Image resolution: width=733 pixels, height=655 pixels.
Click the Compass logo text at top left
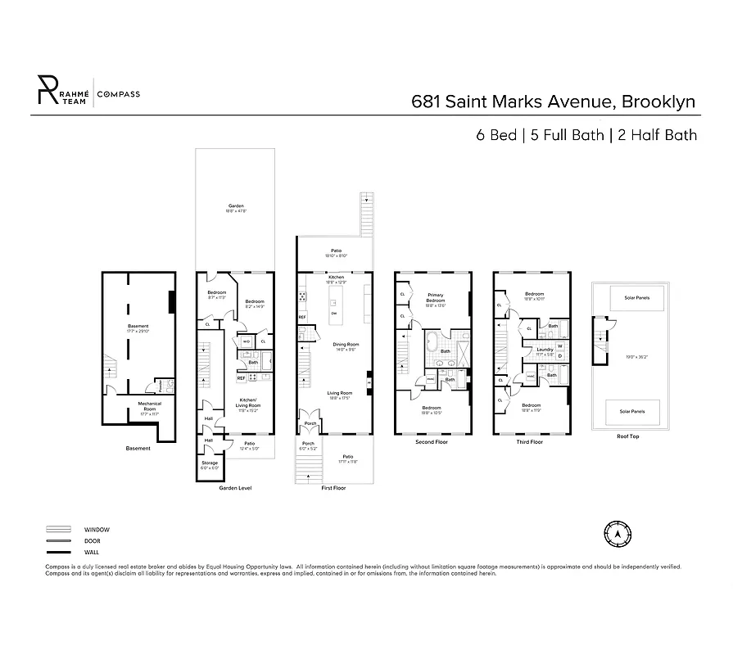119,94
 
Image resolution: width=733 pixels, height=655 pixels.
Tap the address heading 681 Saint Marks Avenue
553,102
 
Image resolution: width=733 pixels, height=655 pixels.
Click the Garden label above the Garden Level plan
236,206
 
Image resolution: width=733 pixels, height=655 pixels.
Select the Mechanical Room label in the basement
149,405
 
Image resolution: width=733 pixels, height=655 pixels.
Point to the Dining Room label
346,345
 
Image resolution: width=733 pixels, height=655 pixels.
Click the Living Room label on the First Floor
339,395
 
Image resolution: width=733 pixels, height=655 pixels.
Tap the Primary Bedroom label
435,300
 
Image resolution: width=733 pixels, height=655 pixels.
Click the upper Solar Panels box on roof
636,298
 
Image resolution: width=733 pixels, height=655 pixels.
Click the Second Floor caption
431,442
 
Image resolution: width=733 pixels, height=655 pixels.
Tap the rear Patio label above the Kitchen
336,251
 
